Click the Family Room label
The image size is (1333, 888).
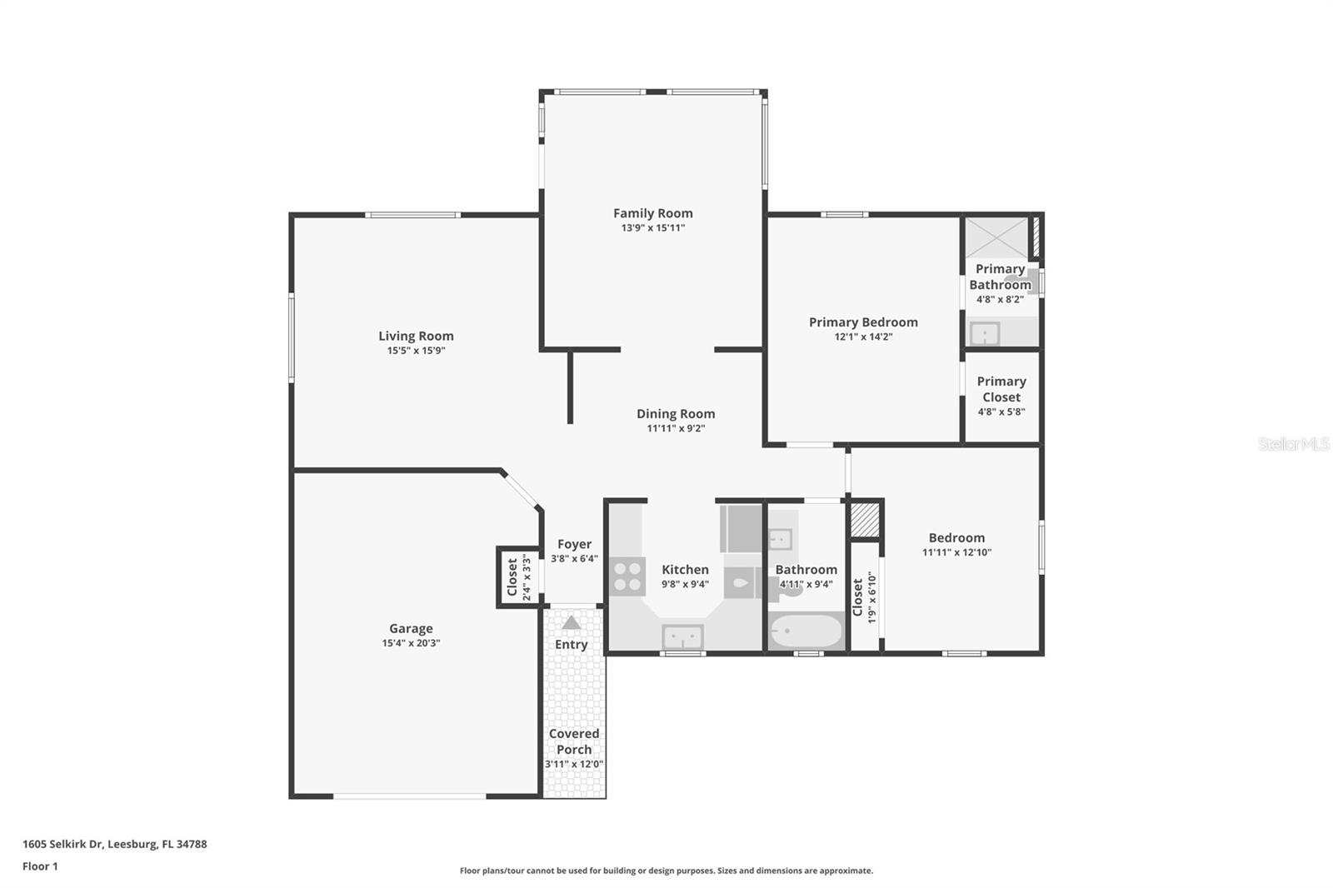pos(652,213)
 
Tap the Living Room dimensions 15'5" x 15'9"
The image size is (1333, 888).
pos(416,351)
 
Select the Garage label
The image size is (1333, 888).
pos(411,629)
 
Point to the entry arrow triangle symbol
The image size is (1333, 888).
pos(571,622)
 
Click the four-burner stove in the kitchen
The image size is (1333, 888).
pos(627,576)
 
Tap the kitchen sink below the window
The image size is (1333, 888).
pos(682,637)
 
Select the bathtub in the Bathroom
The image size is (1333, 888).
pos(806,631)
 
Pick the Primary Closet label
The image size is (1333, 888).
pos(1001,389)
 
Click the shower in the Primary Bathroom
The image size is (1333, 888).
pos(996,237)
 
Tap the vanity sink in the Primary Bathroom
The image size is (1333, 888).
pos(985,334)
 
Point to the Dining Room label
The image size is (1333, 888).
pos(676,414)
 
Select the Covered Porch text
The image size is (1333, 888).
pos(574,741)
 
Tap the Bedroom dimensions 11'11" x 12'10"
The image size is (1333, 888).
pos(956,552)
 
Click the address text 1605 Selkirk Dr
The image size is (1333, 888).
pos(63,844)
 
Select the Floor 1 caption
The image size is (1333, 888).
pos(40,866)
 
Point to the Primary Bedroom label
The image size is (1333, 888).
pos(863,322)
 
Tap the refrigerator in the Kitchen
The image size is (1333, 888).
pos(740,528)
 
